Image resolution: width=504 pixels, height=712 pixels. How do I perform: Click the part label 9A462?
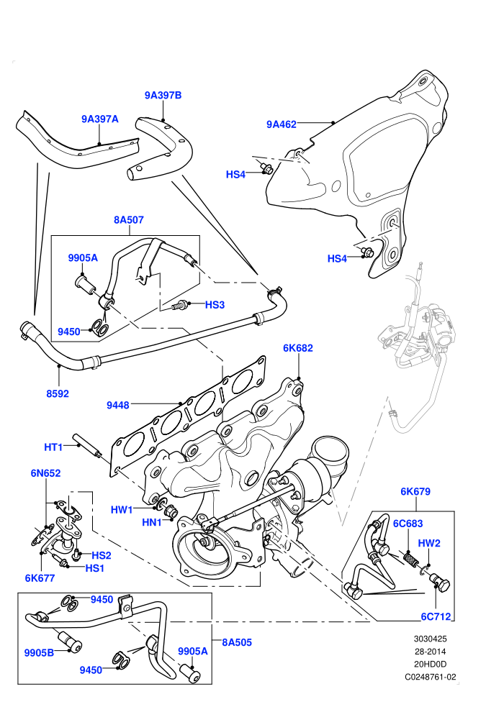click(282, 124)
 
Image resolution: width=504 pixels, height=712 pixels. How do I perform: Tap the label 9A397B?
click(163, 95)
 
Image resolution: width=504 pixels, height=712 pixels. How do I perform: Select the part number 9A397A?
click(100, 119)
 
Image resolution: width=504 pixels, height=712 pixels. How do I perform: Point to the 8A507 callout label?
click(129, 220)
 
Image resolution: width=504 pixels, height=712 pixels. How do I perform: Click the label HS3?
click(215, 305)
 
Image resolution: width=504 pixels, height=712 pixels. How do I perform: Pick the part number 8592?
click(58, 393)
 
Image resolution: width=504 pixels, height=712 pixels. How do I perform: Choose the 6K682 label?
click(298, 348)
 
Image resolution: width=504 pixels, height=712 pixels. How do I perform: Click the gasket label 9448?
click(117, 405)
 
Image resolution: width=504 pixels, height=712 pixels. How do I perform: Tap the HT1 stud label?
click(53, 447)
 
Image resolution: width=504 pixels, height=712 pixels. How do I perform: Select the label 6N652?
click(45, 473)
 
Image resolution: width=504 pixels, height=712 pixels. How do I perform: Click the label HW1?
click(122, 510)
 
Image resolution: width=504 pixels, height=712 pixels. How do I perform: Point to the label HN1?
click(152, 523)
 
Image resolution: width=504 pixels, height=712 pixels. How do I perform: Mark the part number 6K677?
click(40, 578)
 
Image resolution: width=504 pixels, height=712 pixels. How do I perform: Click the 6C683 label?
click(408, 524)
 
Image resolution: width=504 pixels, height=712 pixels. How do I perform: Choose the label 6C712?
click(436, 616)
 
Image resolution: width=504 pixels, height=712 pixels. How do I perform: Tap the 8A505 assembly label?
click(237, 642)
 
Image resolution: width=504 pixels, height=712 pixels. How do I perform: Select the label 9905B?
click(39, 652)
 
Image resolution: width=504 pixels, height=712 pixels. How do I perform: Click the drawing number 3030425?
click(431, 639)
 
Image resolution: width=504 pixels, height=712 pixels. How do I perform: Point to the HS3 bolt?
click(180, 305)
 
